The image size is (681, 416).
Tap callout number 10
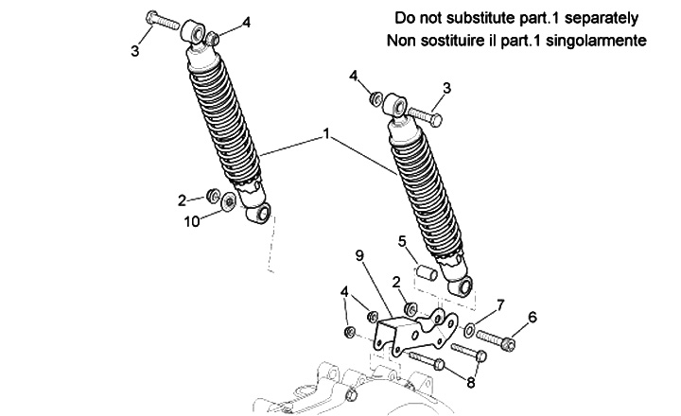click(x=192, y=222)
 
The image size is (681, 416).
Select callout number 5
click(x=401, y=240)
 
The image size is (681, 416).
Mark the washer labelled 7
click(x=469, y=330)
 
